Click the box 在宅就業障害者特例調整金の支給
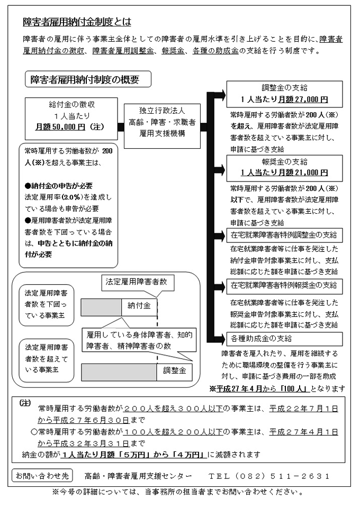tap(284, 234)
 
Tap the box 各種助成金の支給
tap(284, 338)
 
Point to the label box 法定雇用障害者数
tap(137, 282)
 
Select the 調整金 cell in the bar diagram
tap(175, 371)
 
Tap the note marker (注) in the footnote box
tap(24, 403)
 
